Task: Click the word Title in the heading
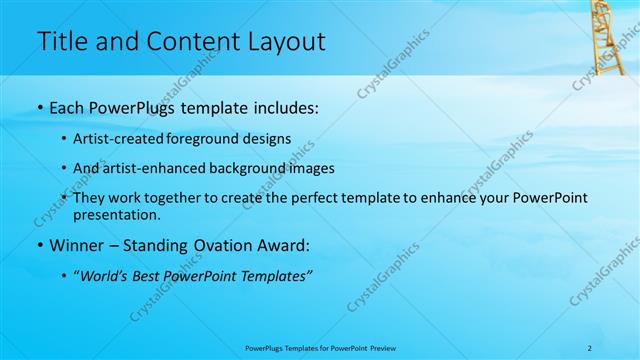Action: pyautogui.click(x=60, y=42)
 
